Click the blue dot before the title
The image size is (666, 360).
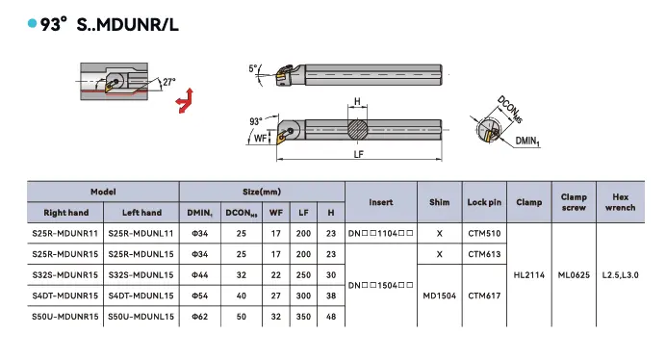[x=32, y=23]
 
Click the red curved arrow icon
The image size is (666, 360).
[x=185, y=101]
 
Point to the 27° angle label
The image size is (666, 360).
[x=169, y=82]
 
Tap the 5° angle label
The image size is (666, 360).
[x=253, y=68]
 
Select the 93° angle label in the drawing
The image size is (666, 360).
[x=256, y=121]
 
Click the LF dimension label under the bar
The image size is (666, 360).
[x=358, y=154]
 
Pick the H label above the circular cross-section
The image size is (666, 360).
[x=357, y=102]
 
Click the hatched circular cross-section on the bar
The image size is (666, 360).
[x=358, y=130]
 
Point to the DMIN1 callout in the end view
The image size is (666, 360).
[x=527, y=141]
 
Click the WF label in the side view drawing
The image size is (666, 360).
[x=261, y=139]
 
